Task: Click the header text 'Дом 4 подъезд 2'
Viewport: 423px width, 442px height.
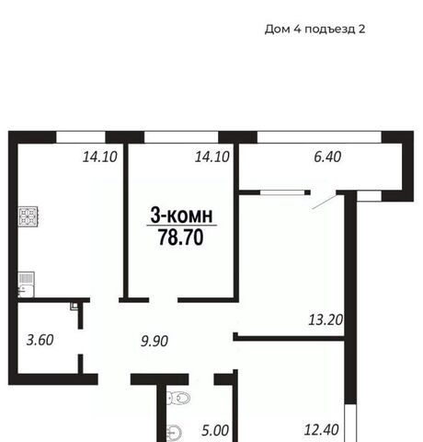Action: click(314, 29)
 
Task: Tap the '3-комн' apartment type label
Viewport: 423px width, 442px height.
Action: click(181, 215)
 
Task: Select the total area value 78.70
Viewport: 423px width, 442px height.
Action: click(181, 238)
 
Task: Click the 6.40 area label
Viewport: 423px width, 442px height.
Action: click(327, 157)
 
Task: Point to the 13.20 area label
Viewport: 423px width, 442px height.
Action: click(326, 320)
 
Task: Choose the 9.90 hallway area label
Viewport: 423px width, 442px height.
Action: click(154, 342)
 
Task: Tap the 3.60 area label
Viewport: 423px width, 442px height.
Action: click(40, 340)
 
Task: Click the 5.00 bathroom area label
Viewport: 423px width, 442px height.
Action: click(215, 431)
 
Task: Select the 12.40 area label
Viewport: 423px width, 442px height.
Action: click(321, 430)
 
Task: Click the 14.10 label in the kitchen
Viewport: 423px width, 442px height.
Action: click(100, 157)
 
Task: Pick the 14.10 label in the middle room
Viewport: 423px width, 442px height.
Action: click(212, 157)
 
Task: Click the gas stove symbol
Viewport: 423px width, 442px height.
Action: click(29, 217)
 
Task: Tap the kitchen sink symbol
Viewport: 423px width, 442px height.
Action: click(26, 285)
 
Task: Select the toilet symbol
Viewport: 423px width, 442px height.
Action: click(178, 398)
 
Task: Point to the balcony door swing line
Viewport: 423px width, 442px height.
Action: click(325, 202)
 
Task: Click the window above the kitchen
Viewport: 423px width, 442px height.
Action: click(81, 137)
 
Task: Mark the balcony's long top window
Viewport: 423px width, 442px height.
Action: click(319, 137)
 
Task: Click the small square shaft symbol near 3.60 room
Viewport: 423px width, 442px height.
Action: click(74, 306)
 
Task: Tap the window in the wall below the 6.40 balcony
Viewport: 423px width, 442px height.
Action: click(282, 192)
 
